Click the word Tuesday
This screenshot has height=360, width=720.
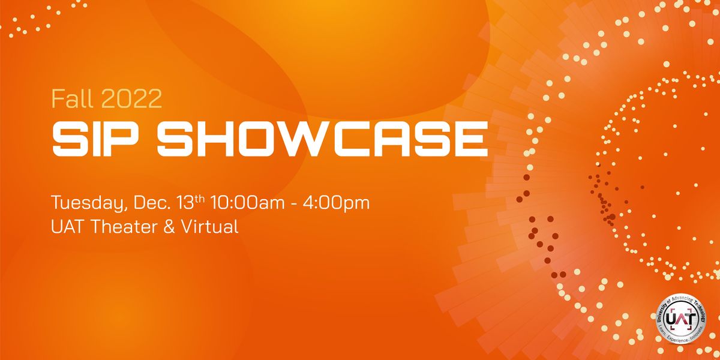(x=88, y=203)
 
